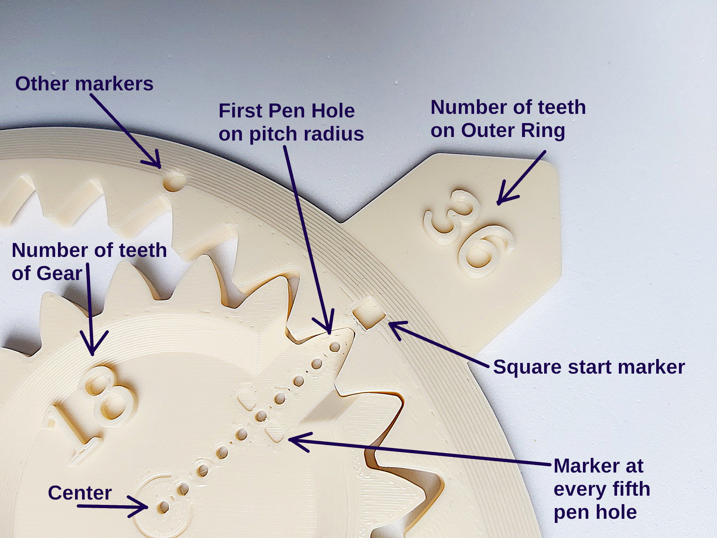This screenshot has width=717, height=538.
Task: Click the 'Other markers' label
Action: pos(84,84)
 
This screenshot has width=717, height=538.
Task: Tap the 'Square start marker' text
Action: pos(589,367)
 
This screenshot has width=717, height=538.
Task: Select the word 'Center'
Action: pos(80,493)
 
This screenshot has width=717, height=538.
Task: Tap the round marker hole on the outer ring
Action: pos(174,181)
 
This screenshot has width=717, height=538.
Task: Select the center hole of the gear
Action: pos(163,507)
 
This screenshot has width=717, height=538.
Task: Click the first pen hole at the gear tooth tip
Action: pos(334,347)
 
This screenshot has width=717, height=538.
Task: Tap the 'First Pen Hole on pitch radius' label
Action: pos(291,122)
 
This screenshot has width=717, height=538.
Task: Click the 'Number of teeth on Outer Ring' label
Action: pos(508,119)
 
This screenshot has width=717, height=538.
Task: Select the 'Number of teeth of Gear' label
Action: pos(89,262)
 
